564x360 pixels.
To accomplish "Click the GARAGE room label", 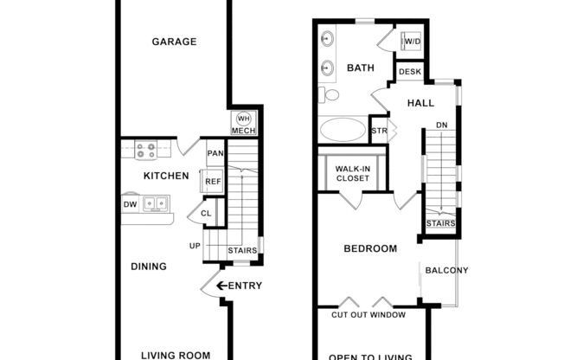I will click(174, 42).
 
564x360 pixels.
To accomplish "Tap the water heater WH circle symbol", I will click(243, 119).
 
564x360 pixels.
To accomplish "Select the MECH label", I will click(243, 132).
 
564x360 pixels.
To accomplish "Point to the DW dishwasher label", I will click(131, 204).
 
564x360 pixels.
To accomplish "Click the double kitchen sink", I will click(156, 204).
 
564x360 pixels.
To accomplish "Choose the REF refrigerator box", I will click(213, 182).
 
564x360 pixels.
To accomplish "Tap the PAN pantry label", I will click(215, 154).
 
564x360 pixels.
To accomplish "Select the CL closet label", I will click(208, 213).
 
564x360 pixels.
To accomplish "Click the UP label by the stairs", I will click(195, 247).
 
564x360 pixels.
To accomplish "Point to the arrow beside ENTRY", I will click(221, 286).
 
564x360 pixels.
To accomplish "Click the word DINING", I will click(149, 267).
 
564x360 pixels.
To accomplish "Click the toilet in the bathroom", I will click(329, 94).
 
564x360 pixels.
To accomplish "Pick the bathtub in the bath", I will click(343, 130).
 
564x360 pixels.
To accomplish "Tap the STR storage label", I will click(378, 131).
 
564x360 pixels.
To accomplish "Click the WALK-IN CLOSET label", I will click(353, 173).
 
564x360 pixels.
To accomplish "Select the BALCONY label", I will click(446, 271).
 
